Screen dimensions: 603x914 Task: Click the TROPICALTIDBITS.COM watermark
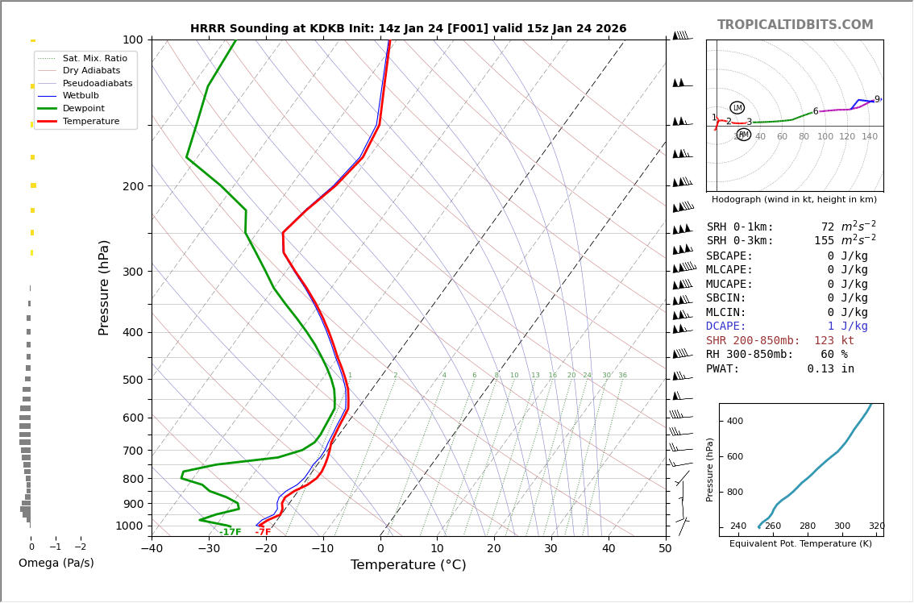[795, 25]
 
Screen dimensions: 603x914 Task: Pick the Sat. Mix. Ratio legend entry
[94, 58]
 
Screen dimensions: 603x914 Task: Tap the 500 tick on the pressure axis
[132, 380]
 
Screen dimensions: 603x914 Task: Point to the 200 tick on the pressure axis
[132, 186]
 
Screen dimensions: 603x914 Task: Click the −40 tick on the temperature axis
[152, 549]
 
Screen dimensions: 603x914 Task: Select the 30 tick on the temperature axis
[550, 549]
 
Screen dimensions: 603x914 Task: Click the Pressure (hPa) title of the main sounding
[104, 287]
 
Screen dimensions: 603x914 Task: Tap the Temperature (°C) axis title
[408, 565]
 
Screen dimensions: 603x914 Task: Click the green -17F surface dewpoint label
[230, 532]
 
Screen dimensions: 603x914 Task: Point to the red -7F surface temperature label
[263, 532]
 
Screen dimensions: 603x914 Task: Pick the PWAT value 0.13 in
[830, 369]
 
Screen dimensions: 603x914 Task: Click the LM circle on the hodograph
[737, 107]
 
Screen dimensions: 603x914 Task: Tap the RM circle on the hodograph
[743, 135]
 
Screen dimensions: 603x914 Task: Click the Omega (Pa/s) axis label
[56, 563]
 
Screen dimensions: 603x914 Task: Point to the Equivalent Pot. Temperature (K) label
[800, 544]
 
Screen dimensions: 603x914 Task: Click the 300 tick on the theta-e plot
[841, 526]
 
